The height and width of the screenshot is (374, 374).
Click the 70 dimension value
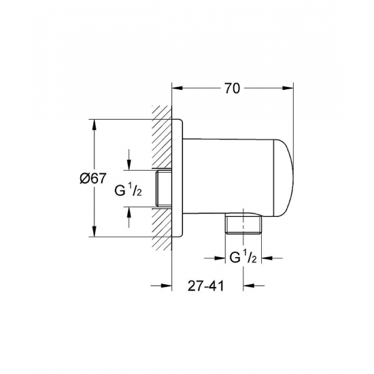point(232,88)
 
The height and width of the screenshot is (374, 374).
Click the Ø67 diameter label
point(92,178)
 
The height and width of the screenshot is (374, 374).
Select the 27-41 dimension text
point(206,286)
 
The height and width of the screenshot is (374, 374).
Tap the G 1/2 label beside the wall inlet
point(128,191)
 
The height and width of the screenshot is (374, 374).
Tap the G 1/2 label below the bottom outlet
point(243,258)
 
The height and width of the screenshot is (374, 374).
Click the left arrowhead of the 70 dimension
point(177,88)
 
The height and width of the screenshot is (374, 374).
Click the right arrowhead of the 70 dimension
point(288,88)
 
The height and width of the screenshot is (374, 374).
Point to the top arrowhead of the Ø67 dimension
point(95,124)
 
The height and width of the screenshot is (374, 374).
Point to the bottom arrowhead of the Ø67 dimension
point(95,231)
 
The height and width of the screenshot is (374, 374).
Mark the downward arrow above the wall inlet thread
point(129,160)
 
